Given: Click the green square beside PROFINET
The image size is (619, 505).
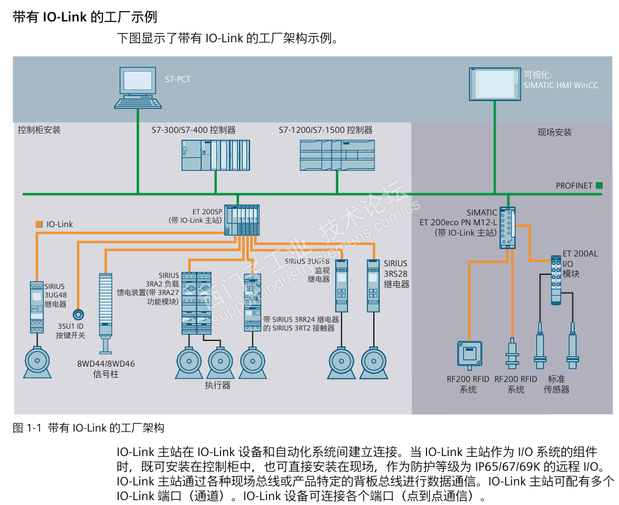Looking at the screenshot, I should pos(599,185).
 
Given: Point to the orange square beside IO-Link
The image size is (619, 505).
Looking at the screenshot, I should pos(39,224).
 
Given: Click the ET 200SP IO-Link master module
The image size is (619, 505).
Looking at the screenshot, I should pos(243,219).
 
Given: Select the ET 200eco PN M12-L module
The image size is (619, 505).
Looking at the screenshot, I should pos(507,227).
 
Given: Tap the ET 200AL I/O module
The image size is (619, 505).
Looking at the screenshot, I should pos(556,280).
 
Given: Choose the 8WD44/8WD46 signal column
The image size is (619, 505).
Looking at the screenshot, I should pos(106,309).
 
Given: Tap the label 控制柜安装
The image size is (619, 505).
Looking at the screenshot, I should pos(39,130).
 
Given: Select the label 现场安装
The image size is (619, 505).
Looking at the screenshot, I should pos(554,132).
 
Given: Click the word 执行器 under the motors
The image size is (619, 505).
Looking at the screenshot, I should pos(218,385).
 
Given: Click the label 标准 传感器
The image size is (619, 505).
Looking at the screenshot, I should pos(556,384).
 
